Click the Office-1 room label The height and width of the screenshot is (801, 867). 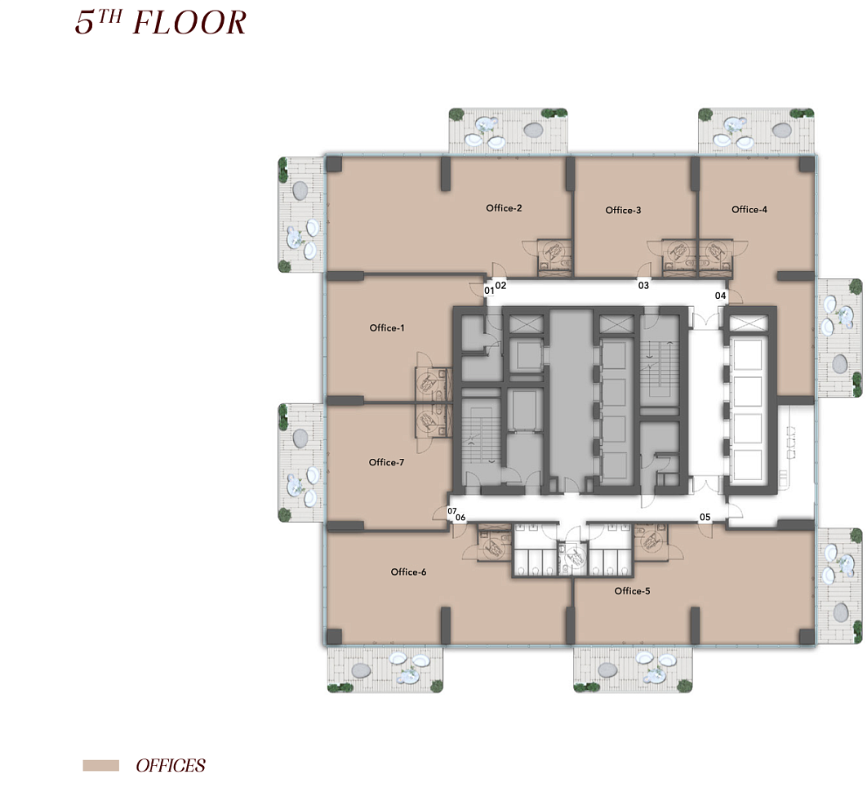(386, 328)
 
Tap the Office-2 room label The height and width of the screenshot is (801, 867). (504, 208)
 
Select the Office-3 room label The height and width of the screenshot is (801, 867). (623, 210)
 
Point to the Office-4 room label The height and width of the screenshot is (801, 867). (749, 209)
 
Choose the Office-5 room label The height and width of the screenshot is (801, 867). (632, 591)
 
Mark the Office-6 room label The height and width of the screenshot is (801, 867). (409, 572)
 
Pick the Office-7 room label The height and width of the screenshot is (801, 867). (386, 462)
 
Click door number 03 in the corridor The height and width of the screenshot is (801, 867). (643, 286)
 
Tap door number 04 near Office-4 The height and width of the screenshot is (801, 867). (720, 296)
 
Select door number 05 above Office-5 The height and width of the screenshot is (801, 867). (705, 517)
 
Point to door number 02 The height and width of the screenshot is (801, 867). (500, 286)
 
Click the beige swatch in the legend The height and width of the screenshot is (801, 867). (100, 766)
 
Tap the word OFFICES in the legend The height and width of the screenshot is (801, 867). (171, 766)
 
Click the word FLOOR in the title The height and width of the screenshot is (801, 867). (189, 23)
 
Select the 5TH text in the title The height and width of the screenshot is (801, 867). (98, 22)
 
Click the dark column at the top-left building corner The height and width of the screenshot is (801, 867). (334, 164)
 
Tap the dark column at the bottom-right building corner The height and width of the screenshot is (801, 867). (807, 637)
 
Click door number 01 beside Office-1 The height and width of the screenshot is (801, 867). (489, 291)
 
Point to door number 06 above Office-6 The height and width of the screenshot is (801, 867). (460, 518)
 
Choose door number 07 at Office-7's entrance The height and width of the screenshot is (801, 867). (452, 511)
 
